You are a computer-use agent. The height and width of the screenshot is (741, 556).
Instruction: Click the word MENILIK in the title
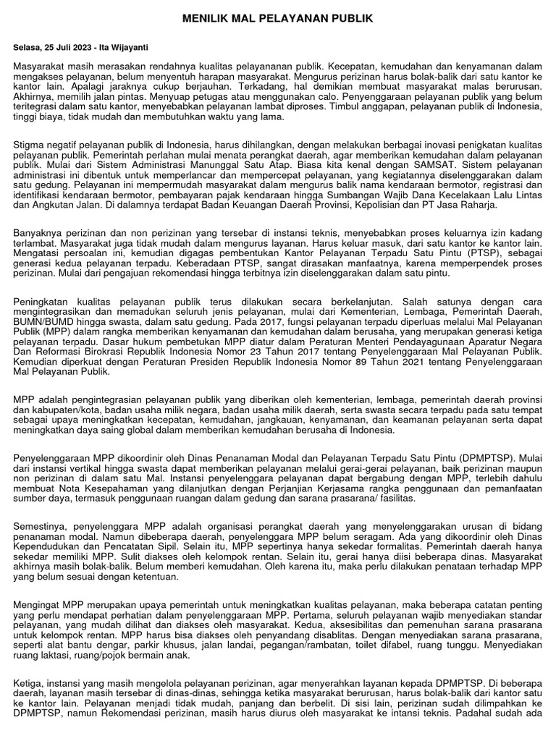pyautogui.click(x=206, y=18)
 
